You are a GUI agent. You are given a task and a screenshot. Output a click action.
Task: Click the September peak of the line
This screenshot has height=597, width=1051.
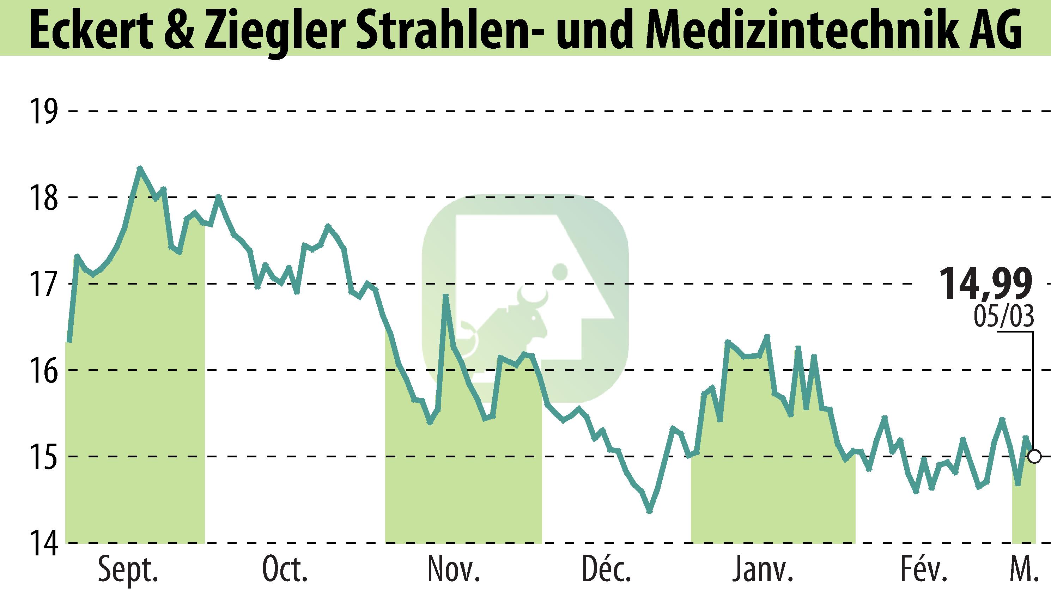[140, 168]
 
